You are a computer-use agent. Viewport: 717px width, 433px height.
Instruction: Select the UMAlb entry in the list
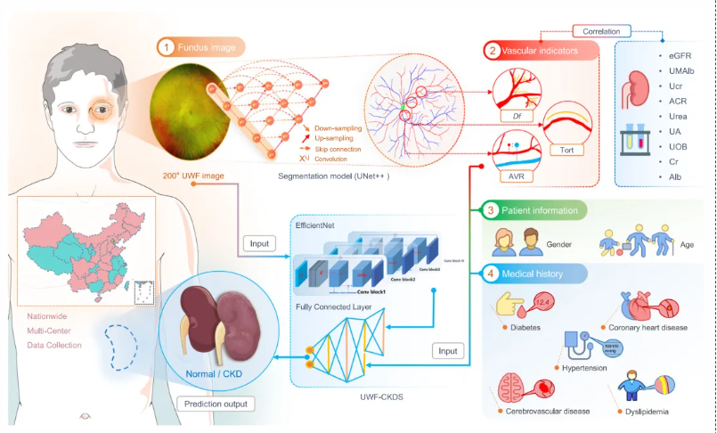683,72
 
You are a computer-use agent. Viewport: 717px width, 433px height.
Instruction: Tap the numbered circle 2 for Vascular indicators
493,52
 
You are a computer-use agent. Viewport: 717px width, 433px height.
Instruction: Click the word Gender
558,242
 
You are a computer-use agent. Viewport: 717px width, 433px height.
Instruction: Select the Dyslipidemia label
648,413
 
